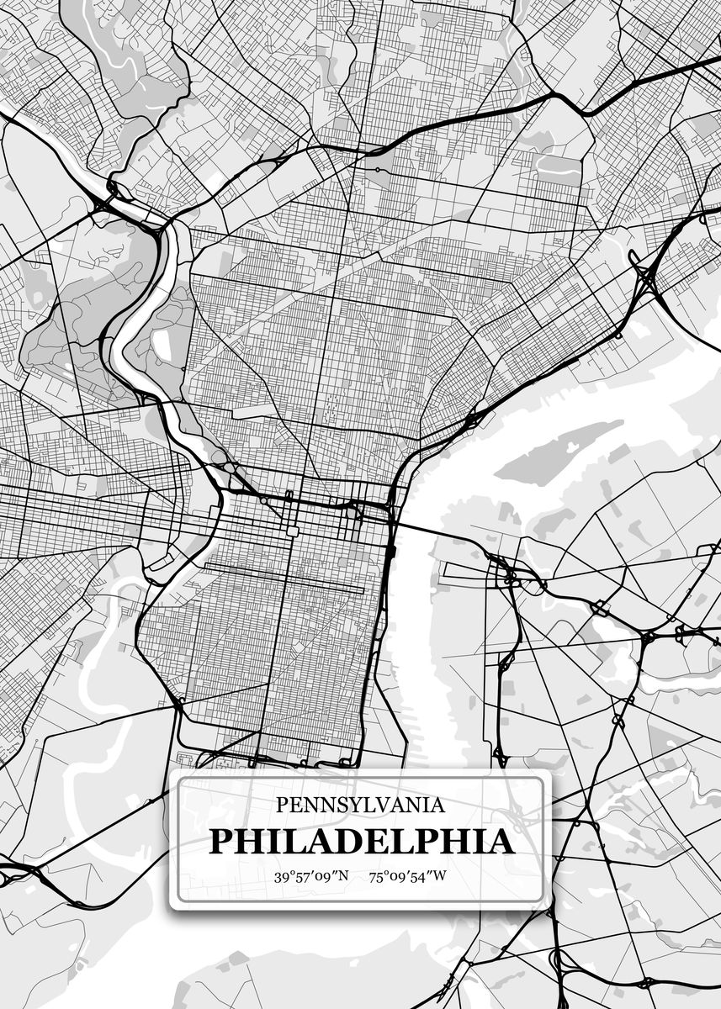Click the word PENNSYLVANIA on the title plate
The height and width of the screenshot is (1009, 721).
360,806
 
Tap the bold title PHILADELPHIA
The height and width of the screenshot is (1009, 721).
361,841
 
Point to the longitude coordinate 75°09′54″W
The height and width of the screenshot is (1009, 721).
407,877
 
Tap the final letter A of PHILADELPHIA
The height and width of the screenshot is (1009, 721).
500,841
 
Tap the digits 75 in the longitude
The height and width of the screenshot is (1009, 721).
376,877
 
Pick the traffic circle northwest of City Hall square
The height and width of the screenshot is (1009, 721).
263,500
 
